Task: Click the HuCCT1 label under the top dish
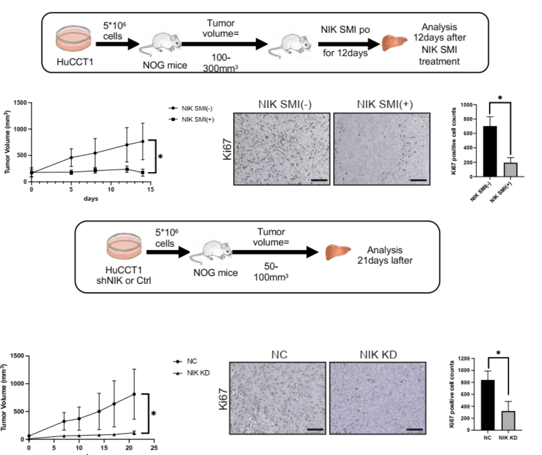point(75,62)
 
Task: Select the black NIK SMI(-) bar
point(490,151)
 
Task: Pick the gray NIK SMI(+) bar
point(510,169)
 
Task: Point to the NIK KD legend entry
point(192,373)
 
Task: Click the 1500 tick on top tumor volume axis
point(20,103)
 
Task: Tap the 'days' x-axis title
point(91,199)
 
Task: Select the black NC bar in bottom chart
point(488,405)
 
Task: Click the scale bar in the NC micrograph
point(315,429)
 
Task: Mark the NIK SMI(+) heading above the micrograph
point(385,104)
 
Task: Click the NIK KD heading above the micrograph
point(378,355)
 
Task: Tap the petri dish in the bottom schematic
point(124,247)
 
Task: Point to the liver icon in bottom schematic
point(338,252)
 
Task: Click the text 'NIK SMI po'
point(345,30)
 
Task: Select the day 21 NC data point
point(134,394)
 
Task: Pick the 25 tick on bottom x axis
point(154,448)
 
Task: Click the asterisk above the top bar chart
point(500,98)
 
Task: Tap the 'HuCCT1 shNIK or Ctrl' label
point(124,275)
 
